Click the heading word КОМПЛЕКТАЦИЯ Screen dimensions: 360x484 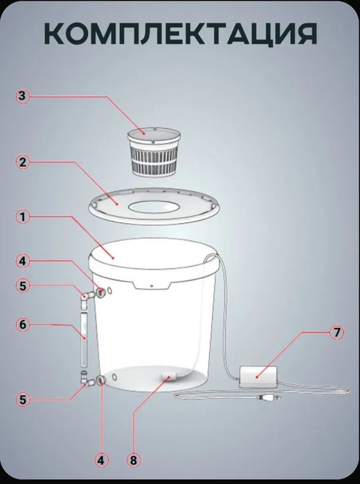pos(181,34)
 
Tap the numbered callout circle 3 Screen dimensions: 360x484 pos(22,96)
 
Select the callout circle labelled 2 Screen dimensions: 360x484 pos(23,162)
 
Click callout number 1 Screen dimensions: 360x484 pos(23,217)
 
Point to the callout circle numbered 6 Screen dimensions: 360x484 pos(23,325)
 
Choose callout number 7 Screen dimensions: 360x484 pos(336,332)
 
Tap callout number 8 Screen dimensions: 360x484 pos(134,461)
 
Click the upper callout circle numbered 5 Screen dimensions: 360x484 pos(23,286)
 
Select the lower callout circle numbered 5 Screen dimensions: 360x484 pos(23,400)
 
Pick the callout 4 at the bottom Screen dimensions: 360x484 pos(101,461)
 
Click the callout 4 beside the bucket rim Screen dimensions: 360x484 pos(23,261)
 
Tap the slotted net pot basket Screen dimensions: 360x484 pos(154,152)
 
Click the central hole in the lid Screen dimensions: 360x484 pos(152,207)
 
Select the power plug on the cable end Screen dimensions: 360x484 pos(269,397)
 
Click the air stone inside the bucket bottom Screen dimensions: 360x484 pos(169,377)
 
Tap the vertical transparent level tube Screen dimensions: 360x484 pos(84,339)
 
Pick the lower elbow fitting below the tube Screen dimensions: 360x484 pos(87,379)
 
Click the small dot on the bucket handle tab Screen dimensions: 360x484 pos(152,285)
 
